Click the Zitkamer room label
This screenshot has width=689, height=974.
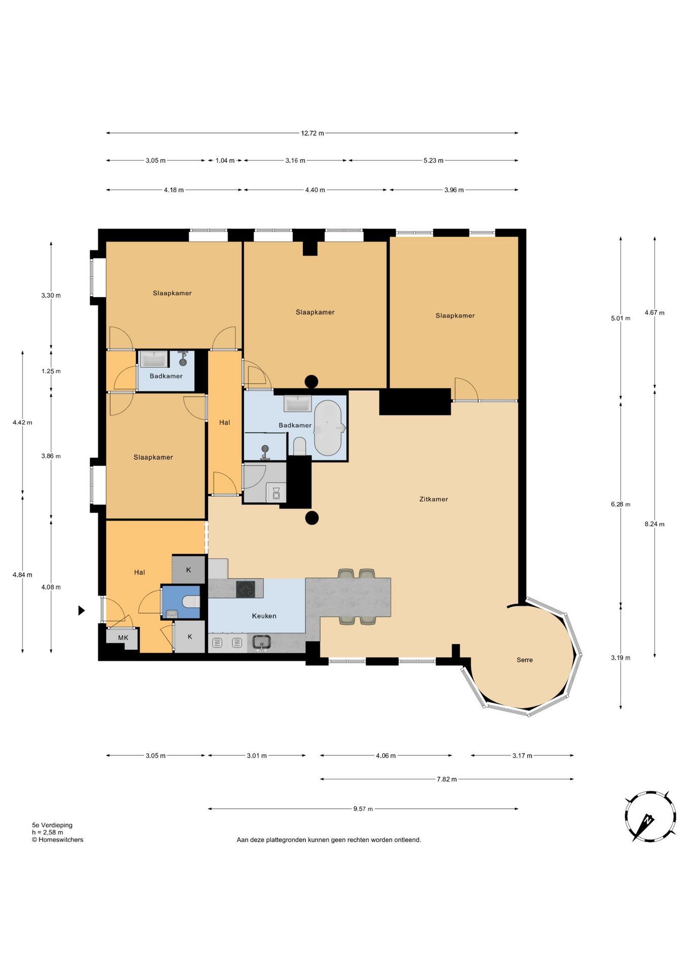tap(433, 499)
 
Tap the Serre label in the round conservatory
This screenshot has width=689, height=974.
tap(525, 660)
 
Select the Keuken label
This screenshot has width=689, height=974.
tap(264, 616)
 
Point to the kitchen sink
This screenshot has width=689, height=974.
tap(261, 642)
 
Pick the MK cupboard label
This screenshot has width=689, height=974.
tap(123, 638)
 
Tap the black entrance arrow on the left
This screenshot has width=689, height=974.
tap(81, 611)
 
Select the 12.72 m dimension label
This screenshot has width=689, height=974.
tap(313, 133)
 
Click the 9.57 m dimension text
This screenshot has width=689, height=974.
tap(363, 809)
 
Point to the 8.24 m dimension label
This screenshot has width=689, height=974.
tap(654, 524)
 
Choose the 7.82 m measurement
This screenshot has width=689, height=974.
tap(447, 779)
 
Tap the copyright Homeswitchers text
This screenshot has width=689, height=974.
tap(57, 840)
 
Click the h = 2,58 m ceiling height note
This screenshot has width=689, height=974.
tap(48, 832)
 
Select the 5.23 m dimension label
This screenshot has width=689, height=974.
tap(433, 161)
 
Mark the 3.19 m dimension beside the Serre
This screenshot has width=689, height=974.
tap(621, 658)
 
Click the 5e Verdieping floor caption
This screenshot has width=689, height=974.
tap(52, 825)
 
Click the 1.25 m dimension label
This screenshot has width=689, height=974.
tap(51, 371)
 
